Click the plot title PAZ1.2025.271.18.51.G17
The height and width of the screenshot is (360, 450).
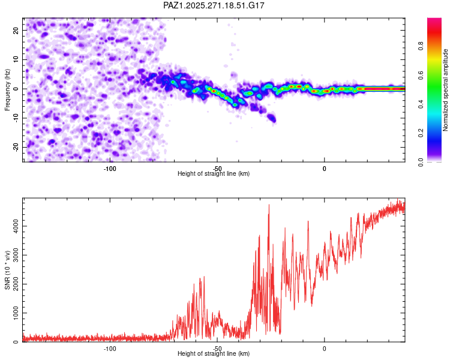tap(214, 5)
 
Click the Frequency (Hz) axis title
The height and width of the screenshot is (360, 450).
tap(7, 90)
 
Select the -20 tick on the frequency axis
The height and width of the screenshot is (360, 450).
tap(16, 147)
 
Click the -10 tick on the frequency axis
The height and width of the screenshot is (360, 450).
tap(16, 118)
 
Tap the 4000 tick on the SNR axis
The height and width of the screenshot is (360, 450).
tap(13, 226)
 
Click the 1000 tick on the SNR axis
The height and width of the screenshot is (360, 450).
tap(13, 313)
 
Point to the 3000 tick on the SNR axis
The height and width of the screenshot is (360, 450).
tap(13, 255)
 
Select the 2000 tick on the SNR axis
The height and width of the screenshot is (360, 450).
tap(13, 284)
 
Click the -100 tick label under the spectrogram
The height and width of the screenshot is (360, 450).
tap(110, 168)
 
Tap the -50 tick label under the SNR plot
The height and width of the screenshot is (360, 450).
tap(217, 349)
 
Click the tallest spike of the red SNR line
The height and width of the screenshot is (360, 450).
tap(269, 205)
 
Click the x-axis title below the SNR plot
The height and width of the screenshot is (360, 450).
tap(214, 354)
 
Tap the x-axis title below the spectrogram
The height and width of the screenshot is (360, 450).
tap(214, 173)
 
